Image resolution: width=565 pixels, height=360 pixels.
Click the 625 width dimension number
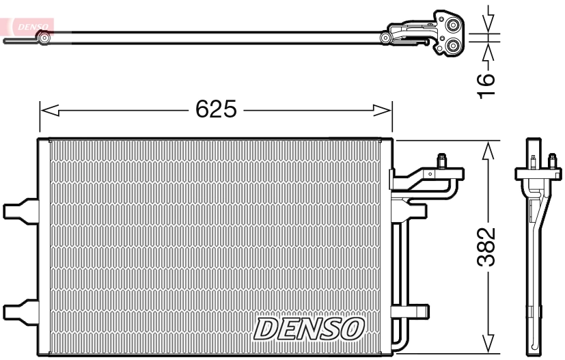click(216, 109)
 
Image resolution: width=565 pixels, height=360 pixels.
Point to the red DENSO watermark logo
click(31, 26)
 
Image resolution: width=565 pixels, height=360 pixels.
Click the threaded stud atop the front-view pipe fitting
click(442, 161)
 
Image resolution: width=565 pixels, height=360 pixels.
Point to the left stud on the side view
click(531, 161)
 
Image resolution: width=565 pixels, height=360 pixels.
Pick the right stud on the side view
click(551, 161)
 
